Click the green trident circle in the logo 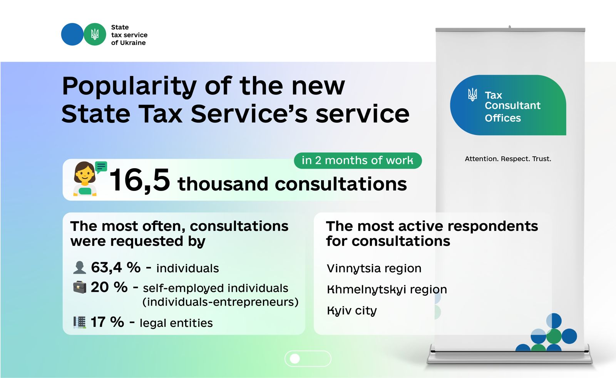pyautogui.click(x=95, y=34)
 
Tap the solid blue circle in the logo pyautogui.click(x=72, y=34)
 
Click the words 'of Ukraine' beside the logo pyautogui.click(x=129, y=43)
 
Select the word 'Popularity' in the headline pyautogui.click(x=129, y=87)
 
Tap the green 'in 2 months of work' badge pyautogui.click(x=358, y=161)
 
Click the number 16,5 pyautogui.click(x=140, y=181)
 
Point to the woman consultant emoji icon pyautogui.click(x=85, y=179)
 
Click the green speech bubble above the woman pyautogui.click(x=101, y=167)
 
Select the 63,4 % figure pyautogui.click(x=116, y=267)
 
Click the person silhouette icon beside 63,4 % pyautogui.click(x=79, y=268)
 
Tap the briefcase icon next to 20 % pyautogui.click(x=80, y=287)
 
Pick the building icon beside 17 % pyautogui.click(x=80, y=322)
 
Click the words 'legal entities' pyautogui.click(x=176, y=323)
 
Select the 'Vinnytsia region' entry pyautogui.click(x=374, y=269)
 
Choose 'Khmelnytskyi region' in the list pyautogui.click(x=387, y=290)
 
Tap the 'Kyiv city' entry pyautogui.click(x=352, y=311)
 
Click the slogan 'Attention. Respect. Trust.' pyautogui.click(x=508, y=159)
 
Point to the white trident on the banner pyautogui.click(x=473, y=95)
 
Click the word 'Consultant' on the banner pyautogui.click(x=512, y=105)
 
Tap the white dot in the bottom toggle pyautogui.click(x=295, y=359)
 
